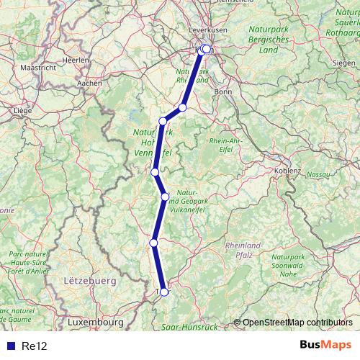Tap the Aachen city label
tap(89, 84)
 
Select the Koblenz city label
tap(289, 170)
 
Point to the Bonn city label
tap(222, 92)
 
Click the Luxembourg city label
tap(95, 323)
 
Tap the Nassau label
tap(318, 175)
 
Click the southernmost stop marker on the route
tap(164, 292)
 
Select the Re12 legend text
tap(34, 346)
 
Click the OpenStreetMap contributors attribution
tap(297, 322)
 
